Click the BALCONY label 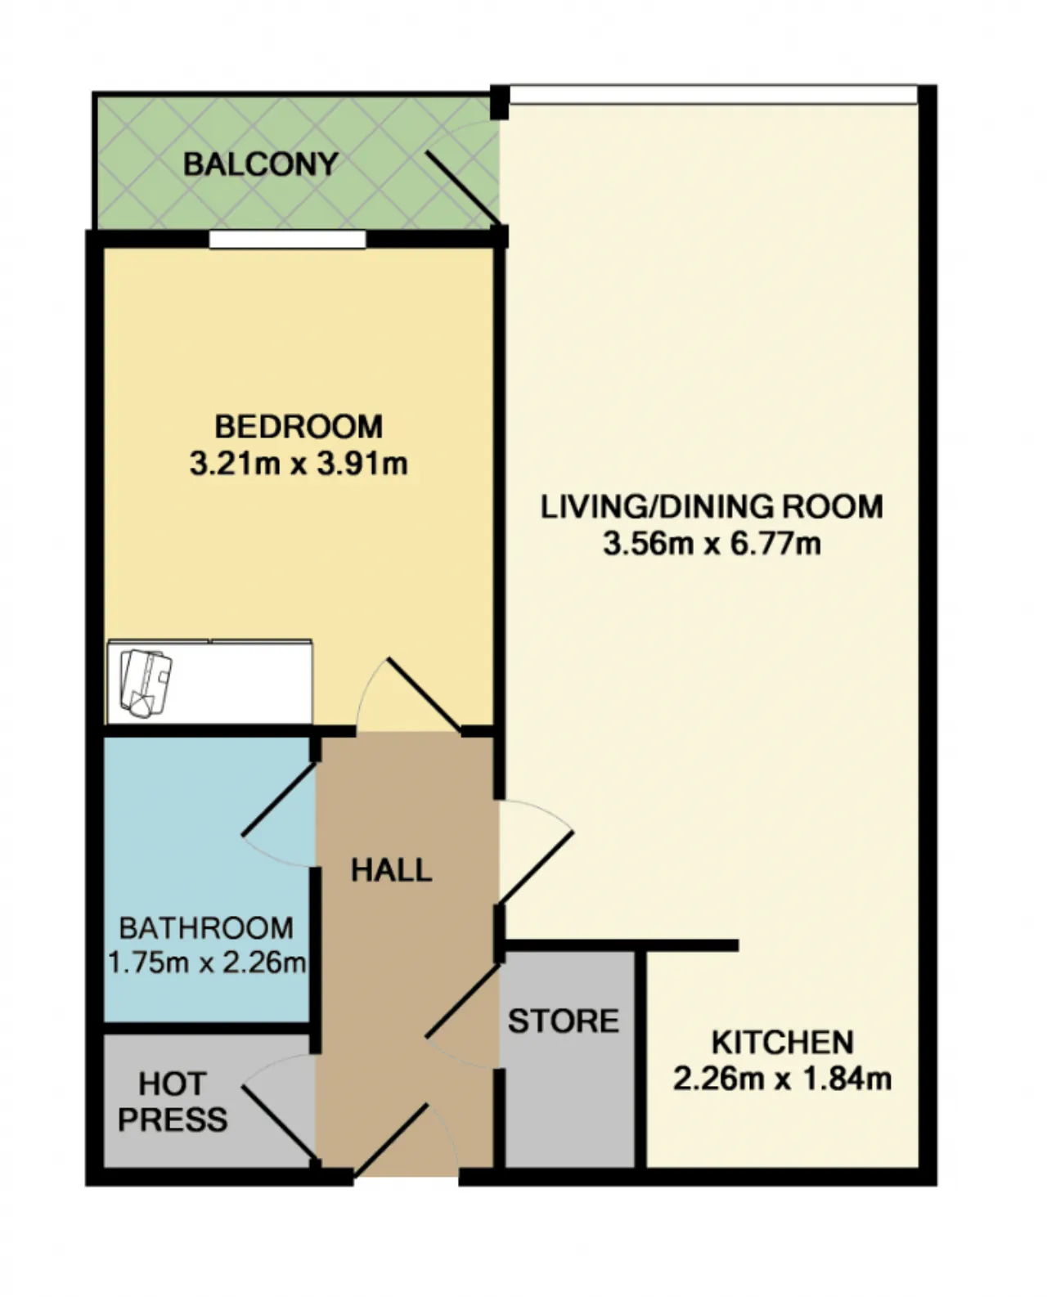tap(261, 164)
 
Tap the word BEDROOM tap(299, 427)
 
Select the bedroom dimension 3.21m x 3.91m tap(299, 464)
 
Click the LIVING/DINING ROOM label tap(712, 507)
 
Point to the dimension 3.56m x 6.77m tap(712, 544)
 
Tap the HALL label tap(392, 870)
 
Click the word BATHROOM tap(206, 928)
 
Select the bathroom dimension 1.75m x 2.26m tap(206, 963)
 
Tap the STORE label tap(564, 1021)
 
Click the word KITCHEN tap(782, 1043)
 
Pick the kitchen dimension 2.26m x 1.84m tap(782, 1079)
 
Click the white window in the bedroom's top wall tap(287, 239)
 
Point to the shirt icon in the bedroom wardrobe tap(146, 683)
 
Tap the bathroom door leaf tap(279, 799)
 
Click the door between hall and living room tap(536, 867)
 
